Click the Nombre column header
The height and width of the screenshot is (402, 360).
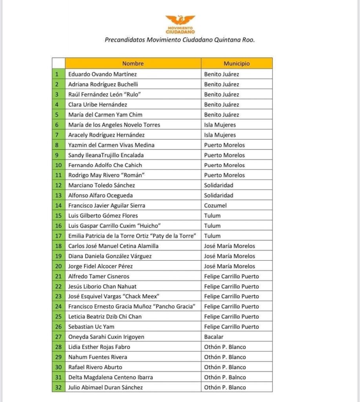(133, 64)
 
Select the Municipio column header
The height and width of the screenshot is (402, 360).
(236, 64)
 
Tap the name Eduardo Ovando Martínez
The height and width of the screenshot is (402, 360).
(102, 74)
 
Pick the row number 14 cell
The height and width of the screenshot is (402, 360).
(58, 205)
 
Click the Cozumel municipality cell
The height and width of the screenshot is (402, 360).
(215, 205)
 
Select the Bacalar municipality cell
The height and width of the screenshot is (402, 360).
(214, 337)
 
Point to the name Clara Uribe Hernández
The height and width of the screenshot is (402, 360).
(98, 104)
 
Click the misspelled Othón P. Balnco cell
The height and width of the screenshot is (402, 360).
(225, 377)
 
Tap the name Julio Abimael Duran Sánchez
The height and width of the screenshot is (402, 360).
(105, 387)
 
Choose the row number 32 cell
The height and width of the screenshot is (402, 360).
(58, 387)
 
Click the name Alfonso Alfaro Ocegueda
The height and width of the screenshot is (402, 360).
(100, 195)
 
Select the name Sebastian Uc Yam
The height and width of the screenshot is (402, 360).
(91, 327)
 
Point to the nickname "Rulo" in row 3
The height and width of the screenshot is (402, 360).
(132, 94)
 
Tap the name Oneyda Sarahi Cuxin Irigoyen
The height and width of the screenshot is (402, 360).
(106, 337)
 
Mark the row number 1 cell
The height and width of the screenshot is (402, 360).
(58, 74)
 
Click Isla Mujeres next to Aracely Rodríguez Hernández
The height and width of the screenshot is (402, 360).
(220, 135)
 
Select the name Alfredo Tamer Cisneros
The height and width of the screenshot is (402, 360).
(99, 276)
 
